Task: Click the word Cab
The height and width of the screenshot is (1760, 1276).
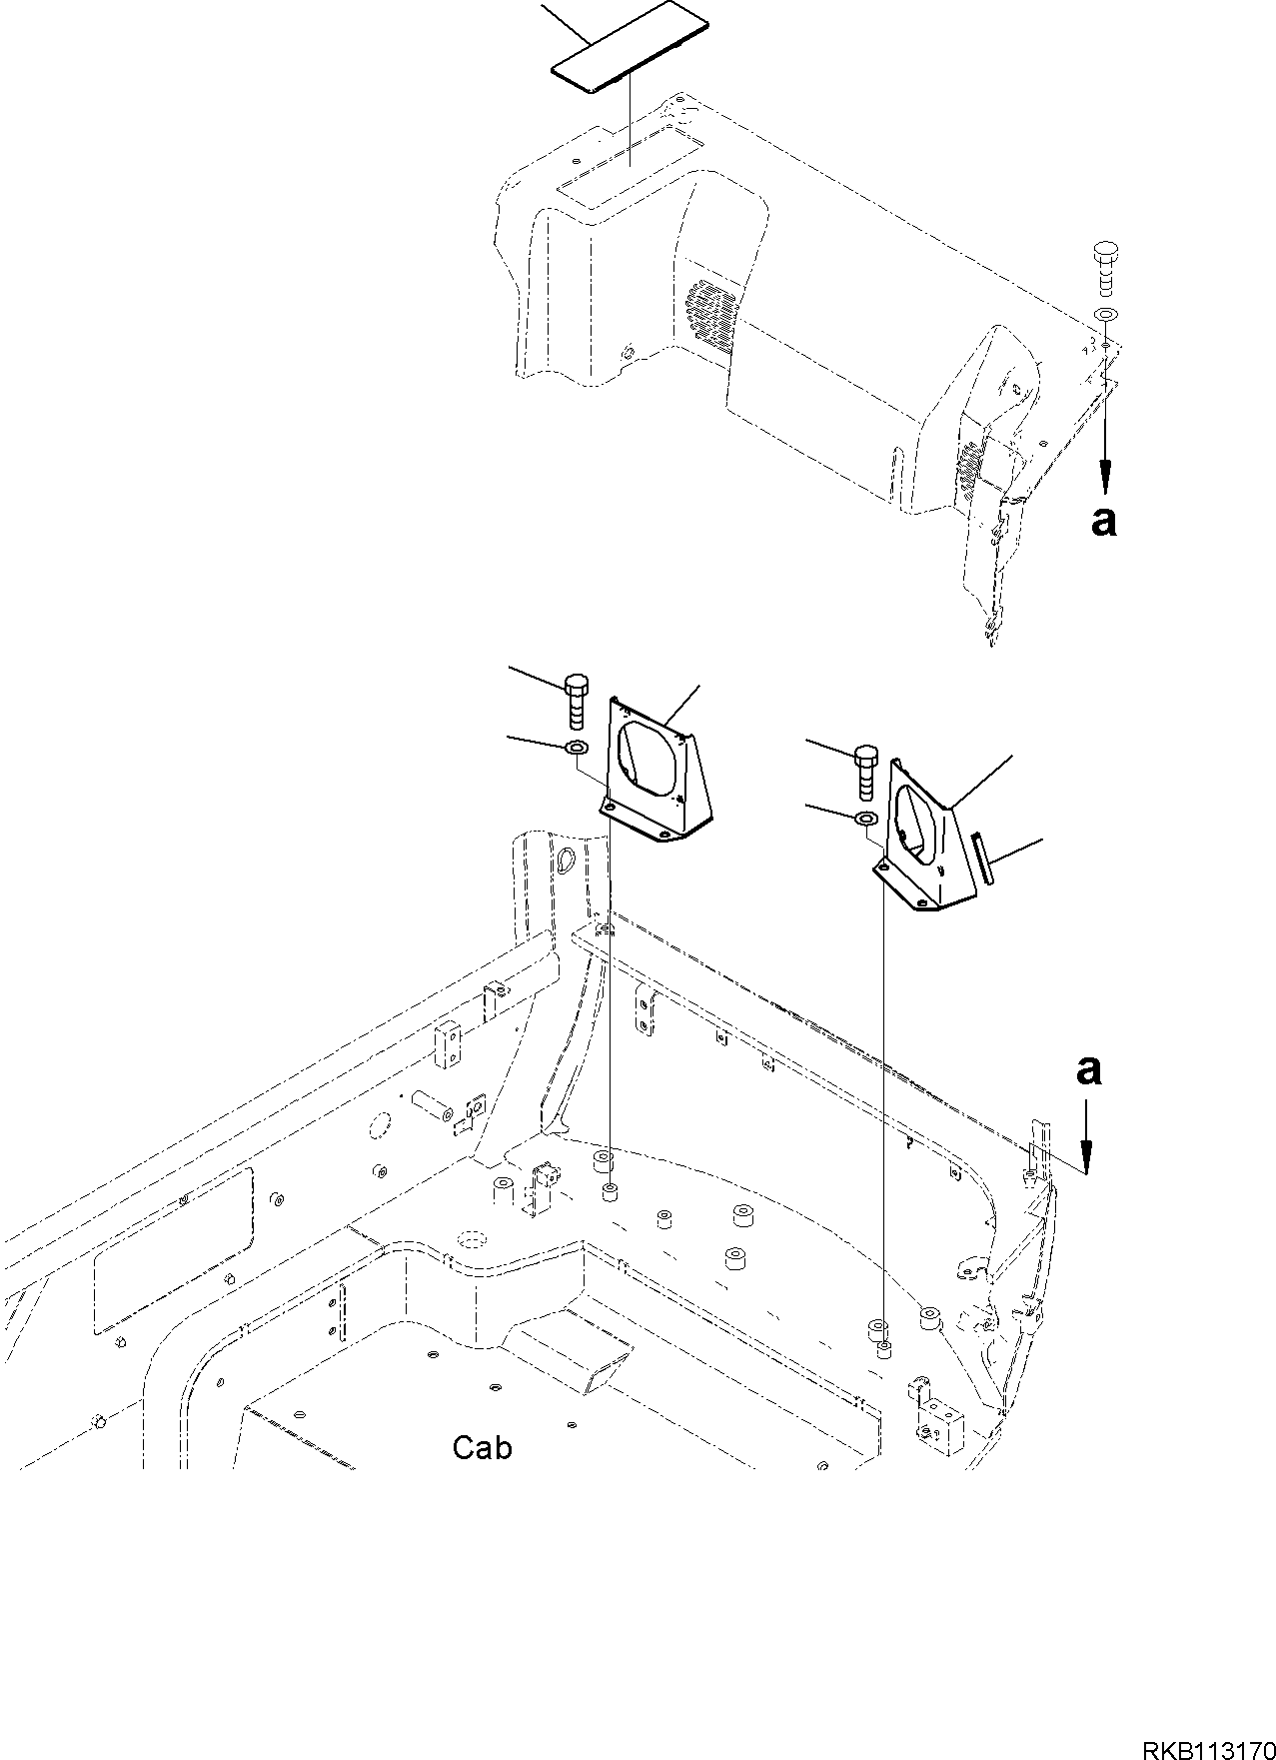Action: pos(482,1446)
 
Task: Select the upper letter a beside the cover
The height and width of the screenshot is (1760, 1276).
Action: pos(1103,521)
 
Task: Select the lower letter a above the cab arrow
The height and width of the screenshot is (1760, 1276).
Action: pos(1088,1070)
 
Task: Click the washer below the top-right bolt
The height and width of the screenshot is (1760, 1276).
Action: pos(1106,316)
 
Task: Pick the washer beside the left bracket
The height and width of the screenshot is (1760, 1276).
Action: pos(578,749)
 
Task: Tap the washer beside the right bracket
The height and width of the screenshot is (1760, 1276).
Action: pos(866,820)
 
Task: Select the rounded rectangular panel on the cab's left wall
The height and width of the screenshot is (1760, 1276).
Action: pos(173,1253)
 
